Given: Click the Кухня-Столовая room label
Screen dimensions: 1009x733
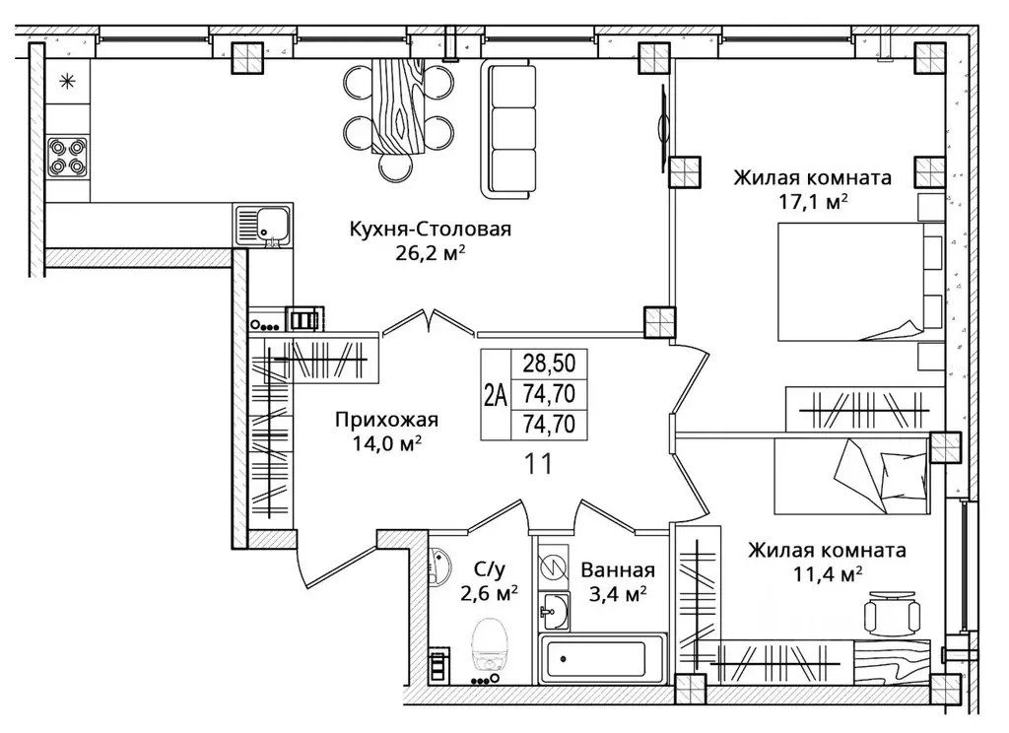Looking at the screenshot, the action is click(x=430, y=230).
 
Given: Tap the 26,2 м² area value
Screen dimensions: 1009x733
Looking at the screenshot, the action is click(x=430, y=253).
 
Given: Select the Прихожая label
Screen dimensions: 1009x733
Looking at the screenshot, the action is click(x=386, y=421).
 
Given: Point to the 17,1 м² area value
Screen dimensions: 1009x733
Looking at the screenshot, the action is click(x=813, y=202).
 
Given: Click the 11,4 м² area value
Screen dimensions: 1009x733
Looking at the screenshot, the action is click(x=828, y=574).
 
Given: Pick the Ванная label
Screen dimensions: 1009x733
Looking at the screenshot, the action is click(x=618, y=570).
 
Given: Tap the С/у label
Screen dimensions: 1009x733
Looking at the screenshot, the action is click(x=490, y=568).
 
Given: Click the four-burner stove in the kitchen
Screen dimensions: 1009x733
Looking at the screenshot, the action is click(x=68, y=158).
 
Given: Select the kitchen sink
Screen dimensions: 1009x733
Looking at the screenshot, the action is click(x=262, y=226).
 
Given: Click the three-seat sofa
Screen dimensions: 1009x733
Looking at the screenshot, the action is click(x=508, y=129).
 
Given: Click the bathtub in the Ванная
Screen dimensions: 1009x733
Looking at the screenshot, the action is click(x=603, y=659).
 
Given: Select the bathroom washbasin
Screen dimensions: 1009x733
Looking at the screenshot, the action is click(x=554, y=611).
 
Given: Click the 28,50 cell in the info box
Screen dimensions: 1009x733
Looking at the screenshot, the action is click(x=549, y=363).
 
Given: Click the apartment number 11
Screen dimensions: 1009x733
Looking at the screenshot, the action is click(x=538, y=464).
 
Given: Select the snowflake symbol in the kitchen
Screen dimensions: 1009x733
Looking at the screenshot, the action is click(x=67, y=81).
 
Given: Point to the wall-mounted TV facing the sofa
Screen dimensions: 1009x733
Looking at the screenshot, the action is click(x=661, y=128).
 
